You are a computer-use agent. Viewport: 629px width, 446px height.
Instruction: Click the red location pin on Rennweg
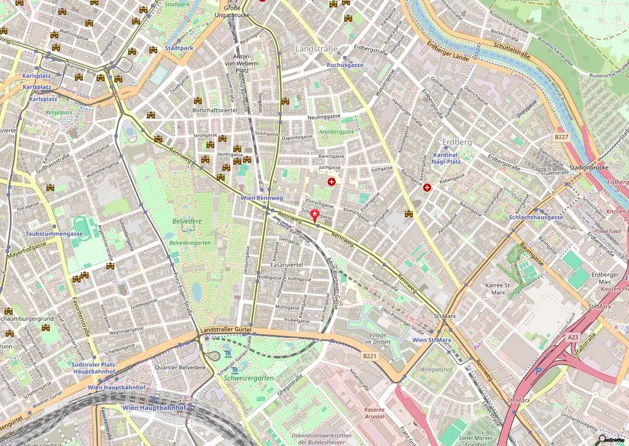pyautogui.click(x=316, y=216)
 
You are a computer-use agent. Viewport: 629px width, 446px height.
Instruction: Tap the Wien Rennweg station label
pyautogui.click(x=262, y=198)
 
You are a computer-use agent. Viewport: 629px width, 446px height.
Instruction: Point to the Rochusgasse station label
pyautogui.click(x=345, y=65)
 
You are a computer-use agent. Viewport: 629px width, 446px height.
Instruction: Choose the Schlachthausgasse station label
pyautogui.click(x=536, y=217)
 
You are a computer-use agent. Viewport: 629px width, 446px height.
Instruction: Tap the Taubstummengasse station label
pyautogui.click(x=54, y=234)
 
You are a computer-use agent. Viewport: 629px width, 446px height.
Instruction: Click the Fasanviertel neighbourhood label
pyautogui.click(x=287, y=265)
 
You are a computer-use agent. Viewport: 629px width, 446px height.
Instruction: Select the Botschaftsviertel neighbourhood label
pyautogui.click(x=214, y=110)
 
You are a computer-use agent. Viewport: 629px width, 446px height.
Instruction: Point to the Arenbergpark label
pyautogui.click(x=337, y=132)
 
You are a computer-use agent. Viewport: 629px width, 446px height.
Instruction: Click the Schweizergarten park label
pyautogui.click(x=249, y=378)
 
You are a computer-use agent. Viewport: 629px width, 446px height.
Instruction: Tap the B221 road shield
pyautogui.click(x=369, y=356)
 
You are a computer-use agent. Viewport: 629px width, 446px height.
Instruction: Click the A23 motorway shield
pyautogui.click(x=572, y=337)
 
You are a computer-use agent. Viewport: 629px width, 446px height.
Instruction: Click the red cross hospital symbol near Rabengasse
pyautogui.click(x=427, y=187)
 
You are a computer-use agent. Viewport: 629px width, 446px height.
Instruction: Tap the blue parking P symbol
pyautogui.click(x=539, y=371)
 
